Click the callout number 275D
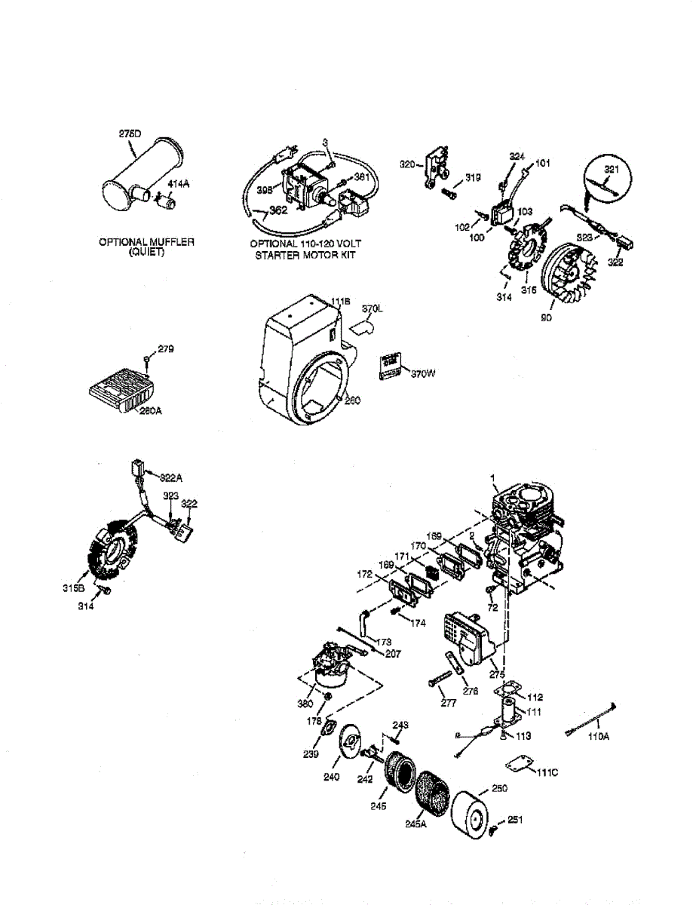[x=130, y=133]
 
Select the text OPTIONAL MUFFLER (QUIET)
[x=146, y=247]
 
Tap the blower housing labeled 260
[x=302, y=354]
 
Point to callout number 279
[x=166, y=348]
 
